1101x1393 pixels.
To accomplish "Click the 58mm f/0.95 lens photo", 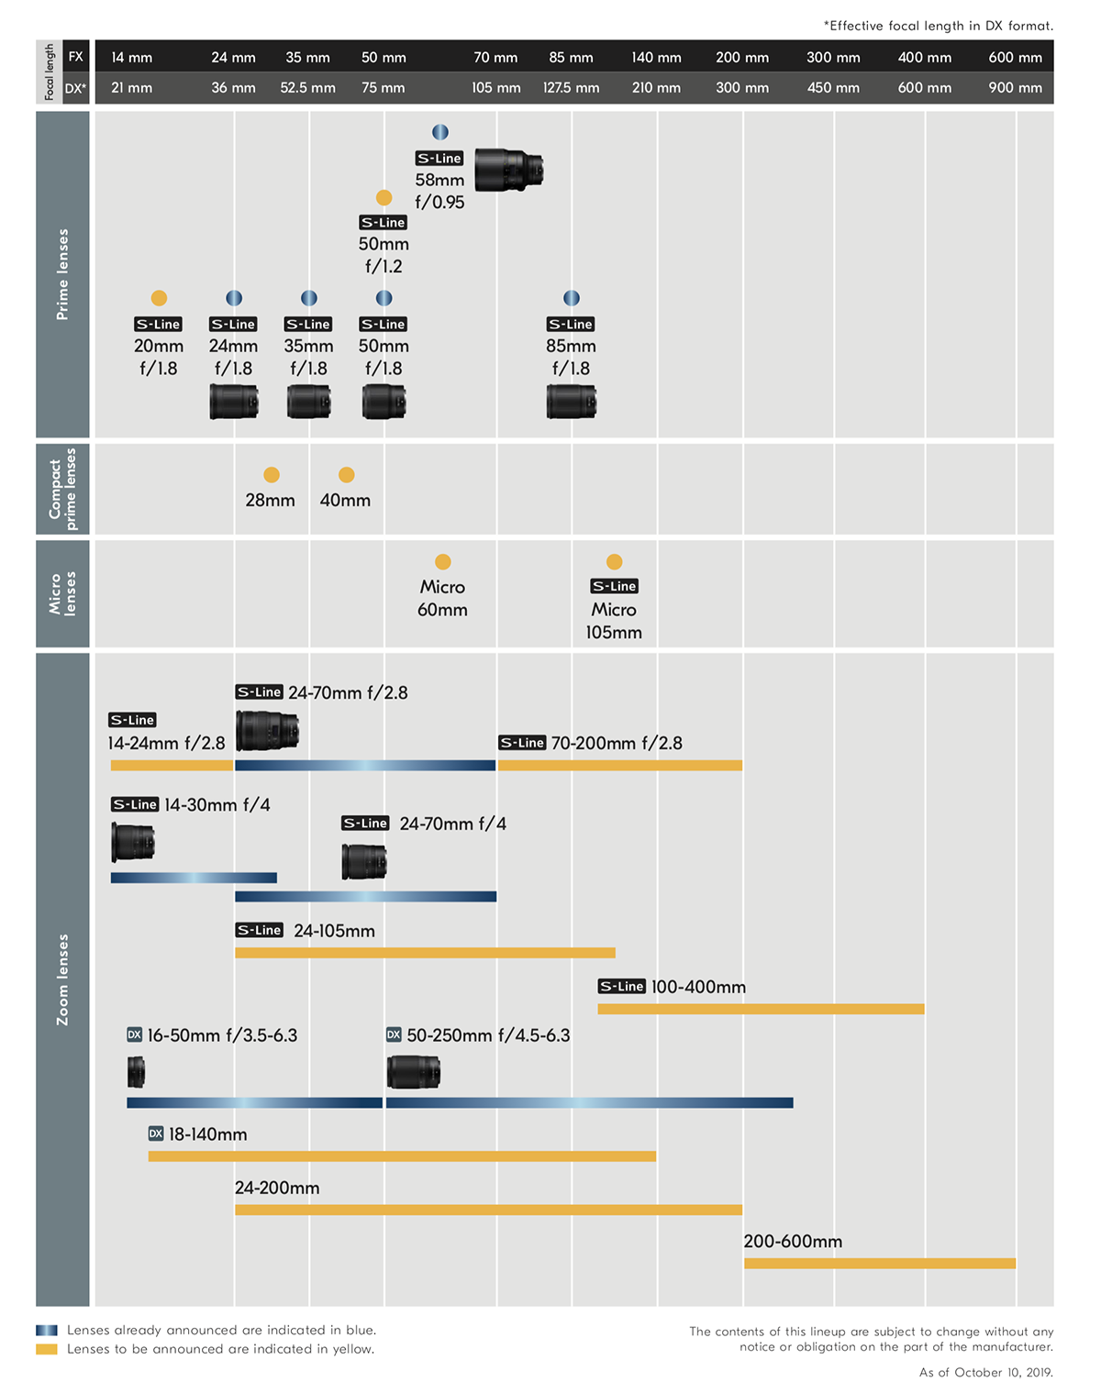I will click(509, 170).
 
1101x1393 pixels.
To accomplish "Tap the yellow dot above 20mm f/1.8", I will click(159, 298).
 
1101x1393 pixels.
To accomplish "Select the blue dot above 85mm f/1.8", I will click(571, 298).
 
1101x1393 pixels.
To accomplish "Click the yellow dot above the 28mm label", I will click(271, 474).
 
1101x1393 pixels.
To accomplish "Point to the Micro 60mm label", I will click(442, 598).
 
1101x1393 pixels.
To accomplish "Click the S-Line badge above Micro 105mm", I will click(614, 586).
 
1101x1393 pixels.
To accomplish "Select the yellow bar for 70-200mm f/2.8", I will click(620, 765).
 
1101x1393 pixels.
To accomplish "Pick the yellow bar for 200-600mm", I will click(879, 1264).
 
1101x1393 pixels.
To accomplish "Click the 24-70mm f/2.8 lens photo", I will click(267, 731).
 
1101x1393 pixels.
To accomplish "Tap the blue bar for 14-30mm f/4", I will click(194, 878).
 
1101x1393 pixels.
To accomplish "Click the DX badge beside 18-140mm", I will click(156, 1133).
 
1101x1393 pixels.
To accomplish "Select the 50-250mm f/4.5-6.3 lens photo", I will click(413, 1071).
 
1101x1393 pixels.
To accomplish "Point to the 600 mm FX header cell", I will click(1015, 57).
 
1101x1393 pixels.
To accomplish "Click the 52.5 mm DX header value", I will click(307, 88).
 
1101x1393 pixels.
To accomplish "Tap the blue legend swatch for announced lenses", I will click(47, 1330).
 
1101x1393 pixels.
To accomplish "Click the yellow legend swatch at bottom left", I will click(47, 1349).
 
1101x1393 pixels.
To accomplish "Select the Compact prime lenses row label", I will click(62, 489).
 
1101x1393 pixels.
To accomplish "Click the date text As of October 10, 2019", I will click(986, 1373).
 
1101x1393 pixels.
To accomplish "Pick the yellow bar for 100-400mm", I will click(761, 1009).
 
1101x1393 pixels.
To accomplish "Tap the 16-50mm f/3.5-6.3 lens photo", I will click(136, 1071).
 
